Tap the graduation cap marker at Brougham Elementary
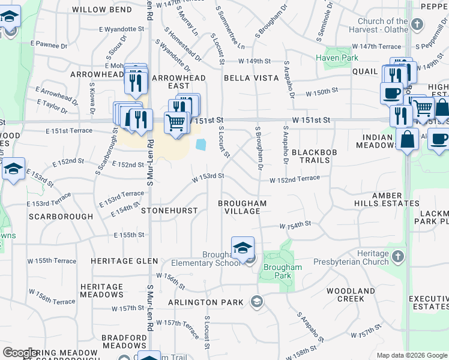(243, 248)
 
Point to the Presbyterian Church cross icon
(397, 257)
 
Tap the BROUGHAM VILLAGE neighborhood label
(242, 208)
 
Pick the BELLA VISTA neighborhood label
(251, 78)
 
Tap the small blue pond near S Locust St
(200, 145)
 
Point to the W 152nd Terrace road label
(298, 179)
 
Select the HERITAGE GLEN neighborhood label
(124, 261)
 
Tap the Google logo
(20, 353)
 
